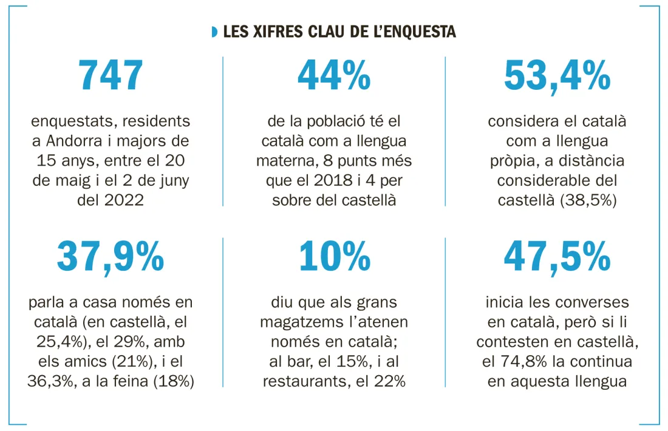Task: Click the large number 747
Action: click(x=111, y=76)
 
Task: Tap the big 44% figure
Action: click(x=334, y=76)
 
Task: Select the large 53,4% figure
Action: click(x=557, y=76)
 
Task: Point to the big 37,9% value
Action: click(x=111, y=257)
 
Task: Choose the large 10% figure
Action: click(x=334, y=257)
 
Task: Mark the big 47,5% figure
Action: click(x=557, y=257)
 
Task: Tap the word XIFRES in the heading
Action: click(x=270, y=31)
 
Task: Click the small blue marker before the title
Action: click(x=214, y=31)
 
